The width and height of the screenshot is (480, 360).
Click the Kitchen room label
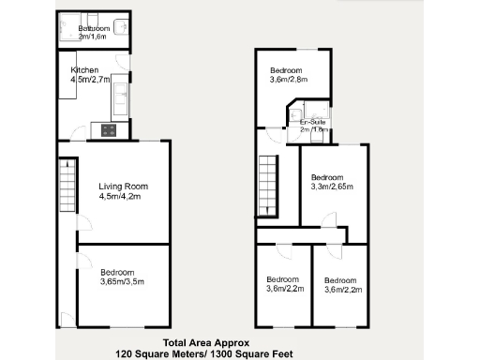85,70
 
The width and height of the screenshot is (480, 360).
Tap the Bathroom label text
94,29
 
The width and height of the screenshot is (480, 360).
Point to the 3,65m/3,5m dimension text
122,280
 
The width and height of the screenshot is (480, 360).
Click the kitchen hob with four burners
109,130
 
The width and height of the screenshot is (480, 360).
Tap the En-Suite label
313,123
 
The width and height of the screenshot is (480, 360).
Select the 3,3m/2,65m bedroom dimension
330,187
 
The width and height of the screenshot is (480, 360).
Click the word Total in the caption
179,342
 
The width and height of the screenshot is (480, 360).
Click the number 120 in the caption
126,353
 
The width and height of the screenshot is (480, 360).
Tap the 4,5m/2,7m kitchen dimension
91,80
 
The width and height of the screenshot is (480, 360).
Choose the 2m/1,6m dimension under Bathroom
94,37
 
